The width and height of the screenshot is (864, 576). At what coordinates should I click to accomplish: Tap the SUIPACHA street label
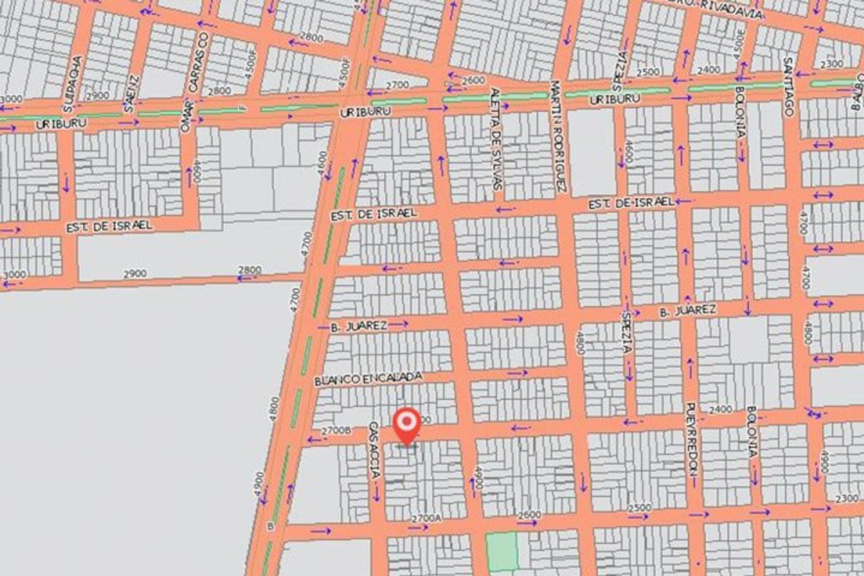point(71,84)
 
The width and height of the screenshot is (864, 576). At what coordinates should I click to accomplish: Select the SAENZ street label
point(132,94)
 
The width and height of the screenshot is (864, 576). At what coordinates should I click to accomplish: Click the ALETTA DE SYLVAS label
point(495,139)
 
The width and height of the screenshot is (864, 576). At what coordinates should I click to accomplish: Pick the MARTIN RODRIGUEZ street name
point(558,136)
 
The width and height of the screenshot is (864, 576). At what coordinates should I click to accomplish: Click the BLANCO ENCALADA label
point(368,378)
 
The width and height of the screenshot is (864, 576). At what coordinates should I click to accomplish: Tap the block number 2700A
point(427,518)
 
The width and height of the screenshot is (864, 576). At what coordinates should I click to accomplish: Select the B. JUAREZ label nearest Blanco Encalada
point(358,326)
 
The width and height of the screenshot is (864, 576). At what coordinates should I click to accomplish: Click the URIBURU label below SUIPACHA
point(61,123)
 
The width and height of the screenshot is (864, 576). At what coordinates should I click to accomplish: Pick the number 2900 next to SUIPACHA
point(98,96)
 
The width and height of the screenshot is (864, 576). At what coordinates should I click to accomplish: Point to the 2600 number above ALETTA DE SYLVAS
point(473,81)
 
